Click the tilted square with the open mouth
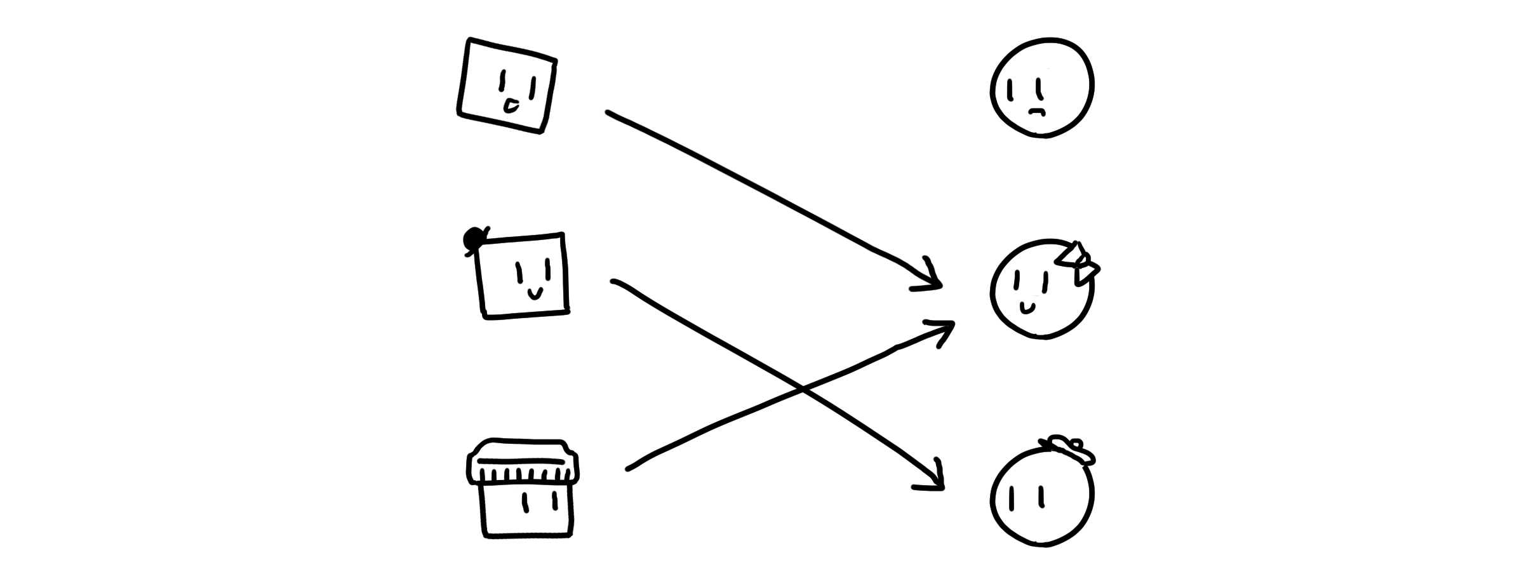[507, 86]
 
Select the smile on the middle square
[535, 293]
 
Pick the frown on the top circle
[1036, 112]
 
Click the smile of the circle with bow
[1027, 309]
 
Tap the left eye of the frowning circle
[1010, 89]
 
